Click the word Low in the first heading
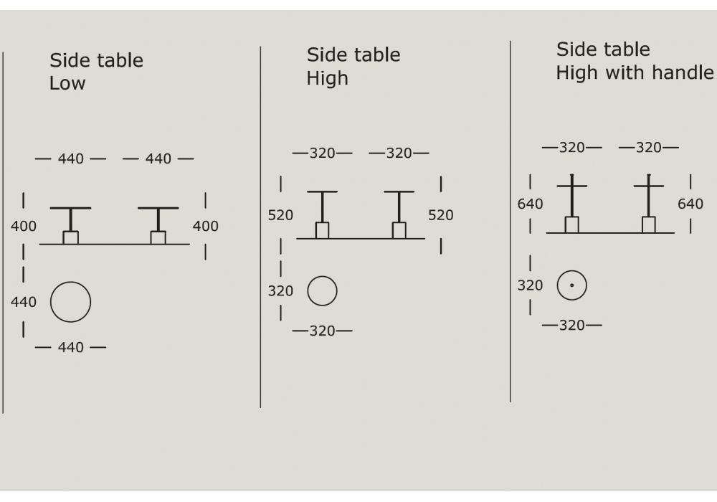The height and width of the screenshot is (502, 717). pos(67,83)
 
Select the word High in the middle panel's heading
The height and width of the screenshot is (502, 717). pos(328,78)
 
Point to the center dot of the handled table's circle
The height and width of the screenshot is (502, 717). pos(571,285)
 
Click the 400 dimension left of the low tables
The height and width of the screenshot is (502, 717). pos(24,226)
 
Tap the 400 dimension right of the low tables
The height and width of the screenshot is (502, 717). pos(205,226)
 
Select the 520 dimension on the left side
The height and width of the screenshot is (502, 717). pos(280,215)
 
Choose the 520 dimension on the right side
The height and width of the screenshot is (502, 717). pos(441,215)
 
